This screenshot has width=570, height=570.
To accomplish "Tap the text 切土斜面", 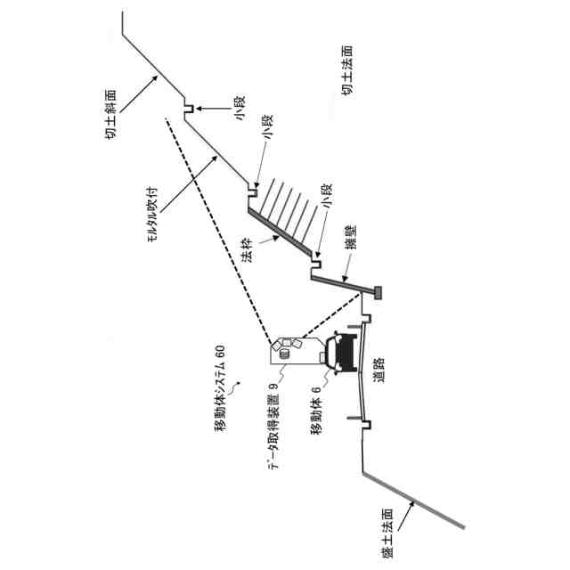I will coord(110,114).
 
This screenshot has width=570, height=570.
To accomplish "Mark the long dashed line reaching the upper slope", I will coord(218,232).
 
